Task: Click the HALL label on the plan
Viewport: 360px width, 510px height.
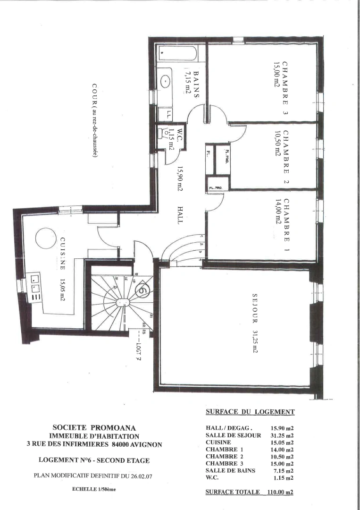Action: click(180, 215)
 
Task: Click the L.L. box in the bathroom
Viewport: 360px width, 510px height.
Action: click(168, 113)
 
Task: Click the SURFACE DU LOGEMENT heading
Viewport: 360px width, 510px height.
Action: click(250, 412)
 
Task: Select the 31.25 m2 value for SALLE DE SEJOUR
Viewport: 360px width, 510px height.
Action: click(283, 435)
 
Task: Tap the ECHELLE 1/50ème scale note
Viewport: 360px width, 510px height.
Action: click(93, 489)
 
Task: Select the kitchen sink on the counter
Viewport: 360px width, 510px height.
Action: click(35, 286)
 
